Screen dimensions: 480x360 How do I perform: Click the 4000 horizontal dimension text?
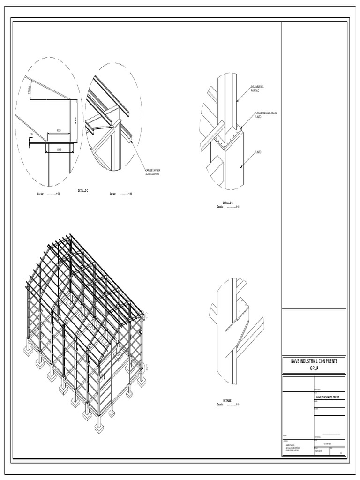click(59, 130)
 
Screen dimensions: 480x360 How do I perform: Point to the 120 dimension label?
click(31, 135)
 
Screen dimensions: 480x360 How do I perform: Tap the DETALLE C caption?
click(82, 191)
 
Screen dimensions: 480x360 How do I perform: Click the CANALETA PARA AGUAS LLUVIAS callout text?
click(153, 172)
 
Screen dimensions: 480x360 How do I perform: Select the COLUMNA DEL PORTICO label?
click(258, 89)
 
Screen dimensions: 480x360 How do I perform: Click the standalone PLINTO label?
click(258, 152)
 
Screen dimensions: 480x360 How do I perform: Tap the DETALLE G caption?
click(228, 202)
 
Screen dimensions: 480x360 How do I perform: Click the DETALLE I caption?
click(228, 400)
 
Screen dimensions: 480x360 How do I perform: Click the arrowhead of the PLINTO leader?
click(240, 167)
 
